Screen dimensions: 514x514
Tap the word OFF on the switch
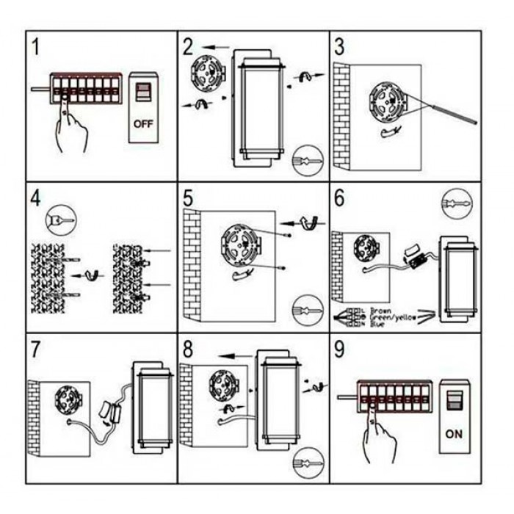[143, 123]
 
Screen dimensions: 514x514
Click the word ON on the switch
[454, 434]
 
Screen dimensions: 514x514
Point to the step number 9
[340, 350]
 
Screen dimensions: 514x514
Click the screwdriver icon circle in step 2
[306, 161]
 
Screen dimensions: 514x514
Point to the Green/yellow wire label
[394, 317]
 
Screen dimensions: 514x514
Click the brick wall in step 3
[341, 114]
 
